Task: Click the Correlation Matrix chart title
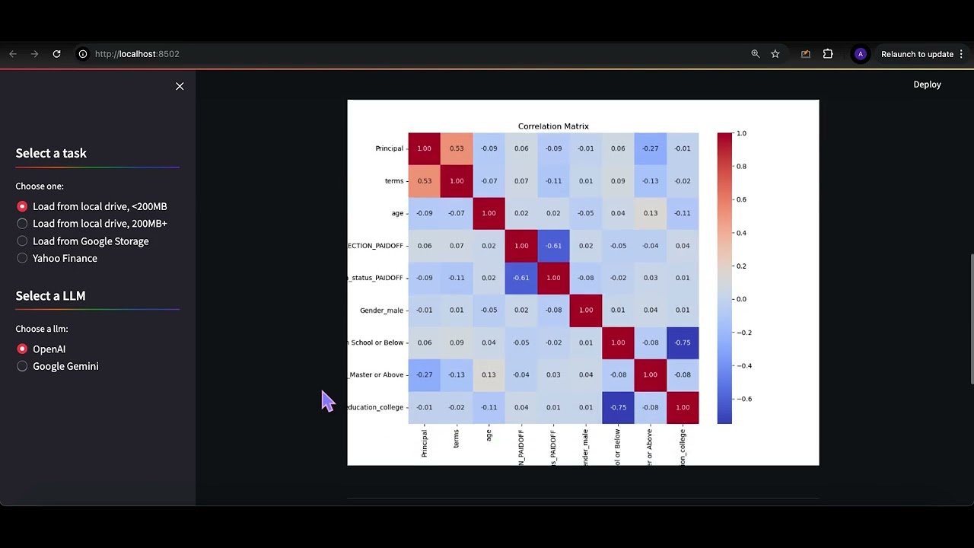click(x=553, y=126)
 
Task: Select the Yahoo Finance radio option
click(x=22, y=258)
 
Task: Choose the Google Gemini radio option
click(x=22, y=366)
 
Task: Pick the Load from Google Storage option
click(x=22, y=241)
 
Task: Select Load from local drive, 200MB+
click(x=22, y=224)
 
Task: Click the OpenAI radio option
click(x=22, y=349)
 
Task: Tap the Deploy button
click(x=927, y=84)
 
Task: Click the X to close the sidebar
click(x=180, y=86)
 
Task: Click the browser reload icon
click(x=56, y=54)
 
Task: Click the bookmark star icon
click(x=775, y=54)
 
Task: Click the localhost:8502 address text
click(x=137, y=54)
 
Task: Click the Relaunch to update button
click(x=917, y=54)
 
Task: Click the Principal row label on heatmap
click(x=389, y=148)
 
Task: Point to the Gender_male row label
click(x=381, y=311)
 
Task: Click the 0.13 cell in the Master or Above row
click(x=489, y=374)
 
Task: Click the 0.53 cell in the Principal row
click(x=457, y=148)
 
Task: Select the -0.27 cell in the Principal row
click(x=650, y=148)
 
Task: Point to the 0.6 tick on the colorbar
click(x=741, y=199)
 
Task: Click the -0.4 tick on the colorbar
click(x=743, y=365)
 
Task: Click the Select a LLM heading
click(x=50, y=296)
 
